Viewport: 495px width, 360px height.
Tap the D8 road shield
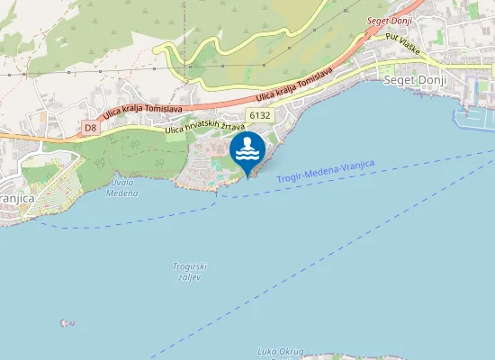(x=90, y=128)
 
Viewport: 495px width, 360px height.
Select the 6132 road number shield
(x=260, y=114)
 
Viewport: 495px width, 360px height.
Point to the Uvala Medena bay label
(x=121, y=186)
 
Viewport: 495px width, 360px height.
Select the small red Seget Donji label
(x=389, y=20)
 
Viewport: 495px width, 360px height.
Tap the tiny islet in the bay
(x=62, y=322)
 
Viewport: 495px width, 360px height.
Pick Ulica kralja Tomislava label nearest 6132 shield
(x=294, y=85)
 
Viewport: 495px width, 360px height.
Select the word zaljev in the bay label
(x=188, y=277)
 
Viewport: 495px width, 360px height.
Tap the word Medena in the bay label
(x=121, y=191)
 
